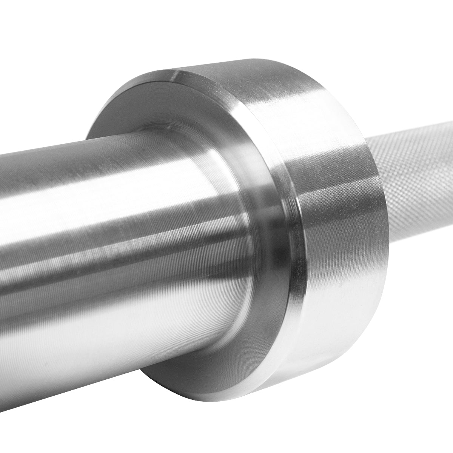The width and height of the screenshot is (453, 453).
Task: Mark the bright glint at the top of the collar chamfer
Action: [x=177, y=75]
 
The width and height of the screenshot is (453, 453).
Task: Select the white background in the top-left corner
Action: [x=30, y=30]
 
